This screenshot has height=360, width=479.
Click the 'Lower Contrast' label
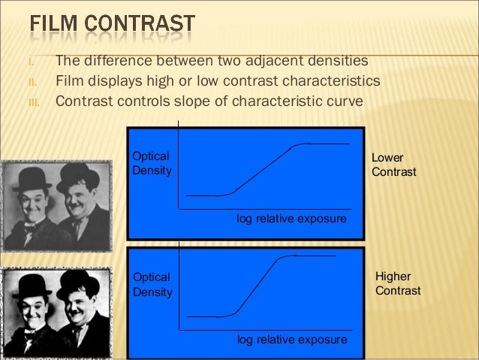click(393, 165)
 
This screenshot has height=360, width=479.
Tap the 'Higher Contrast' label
click(397, 283)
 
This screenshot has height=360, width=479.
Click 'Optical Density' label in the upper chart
click(151, 163)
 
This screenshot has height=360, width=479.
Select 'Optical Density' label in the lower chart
click(151, 284)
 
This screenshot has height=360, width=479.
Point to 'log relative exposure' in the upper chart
click(291, 219)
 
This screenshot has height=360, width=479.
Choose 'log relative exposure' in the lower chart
click(292, 339)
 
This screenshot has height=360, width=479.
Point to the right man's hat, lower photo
click(78, 284)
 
